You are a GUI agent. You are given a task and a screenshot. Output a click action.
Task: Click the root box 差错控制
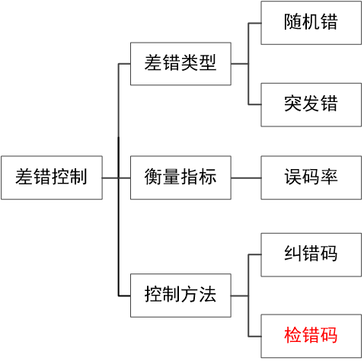point(51,177)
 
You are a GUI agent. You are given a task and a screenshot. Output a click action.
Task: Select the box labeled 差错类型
point(180,63)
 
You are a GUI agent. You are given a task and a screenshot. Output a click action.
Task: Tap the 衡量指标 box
point(180,177)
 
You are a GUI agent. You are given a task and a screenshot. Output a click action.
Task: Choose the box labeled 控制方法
point(180,294)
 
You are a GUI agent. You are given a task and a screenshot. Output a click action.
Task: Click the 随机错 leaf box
point(311,23)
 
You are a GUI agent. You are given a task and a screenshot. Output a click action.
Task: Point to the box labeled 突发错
point(311,104)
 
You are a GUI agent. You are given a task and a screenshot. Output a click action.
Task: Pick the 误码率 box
point(311,177)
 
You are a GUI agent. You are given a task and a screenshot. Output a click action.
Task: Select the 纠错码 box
point(311,253)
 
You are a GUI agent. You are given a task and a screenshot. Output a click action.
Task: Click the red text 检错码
point(311,335)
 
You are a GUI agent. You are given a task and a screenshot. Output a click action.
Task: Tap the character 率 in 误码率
point(329,177)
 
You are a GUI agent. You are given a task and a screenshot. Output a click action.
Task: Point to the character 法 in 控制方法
point(208,294)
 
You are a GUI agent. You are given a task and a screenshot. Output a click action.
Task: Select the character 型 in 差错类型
point(208,63)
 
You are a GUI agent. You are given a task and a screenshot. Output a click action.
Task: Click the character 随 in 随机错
point(293,23)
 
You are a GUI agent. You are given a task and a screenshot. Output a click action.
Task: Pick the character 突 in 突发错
point(293,104)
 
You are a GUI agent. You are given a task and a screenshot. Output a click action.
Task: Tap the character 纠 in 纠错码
point(293,253)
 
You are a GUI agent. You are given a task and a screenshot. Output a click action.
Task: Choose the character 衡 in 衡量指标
point(153,177)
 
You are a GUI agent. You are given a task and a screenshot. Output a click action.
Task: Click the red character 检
point(293,335)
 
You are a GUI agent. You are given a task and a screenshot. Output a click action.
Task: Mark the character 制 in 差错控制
point(78,177)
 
